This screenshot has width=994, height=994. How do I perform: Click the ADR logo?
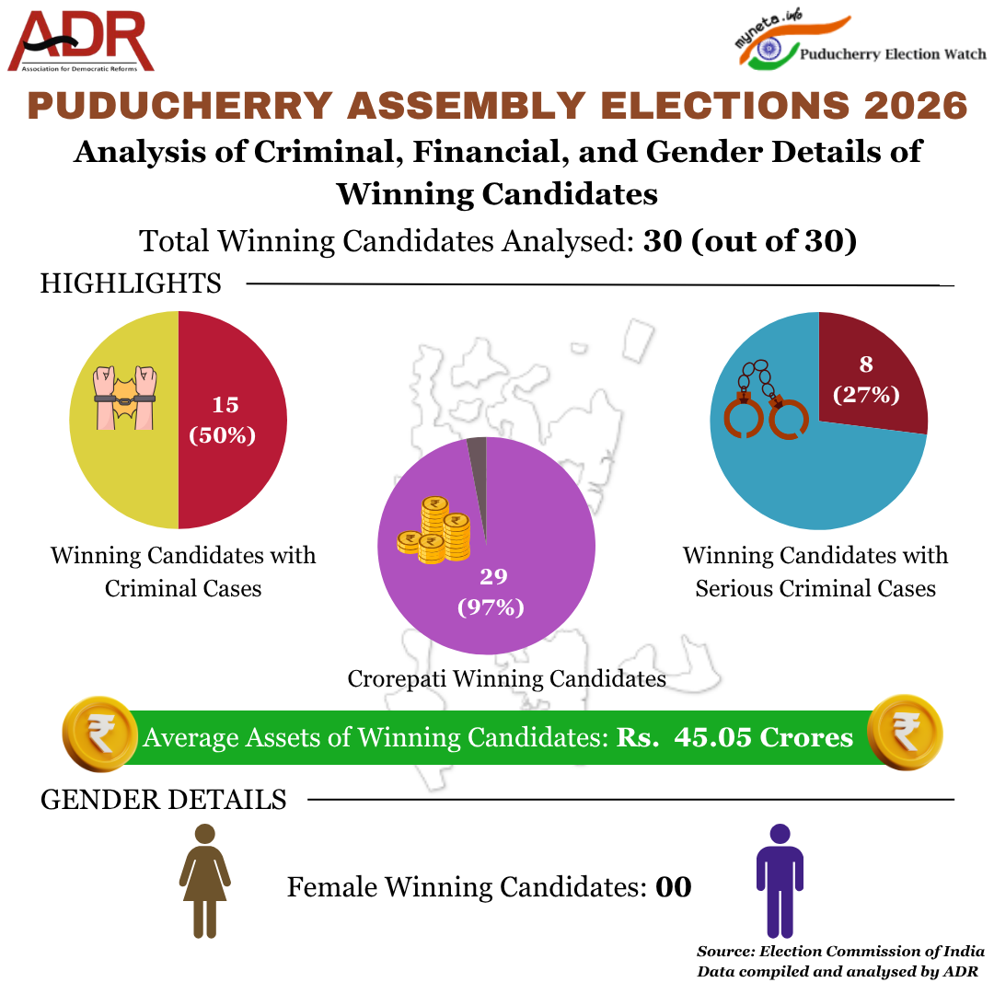click(80, 41)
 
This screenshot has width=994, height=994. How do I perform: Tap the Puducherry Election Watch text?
click(893, 54)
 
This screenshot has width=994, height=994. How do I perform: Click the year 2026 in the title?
click(916, 105)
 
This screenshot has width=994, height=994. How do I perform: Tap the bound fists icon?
click(125, 398)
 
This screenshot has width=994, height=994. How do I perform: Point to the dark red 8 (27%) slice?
click(870, 374)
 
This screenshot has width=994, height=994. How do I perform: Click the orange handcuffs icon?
click(766, 399)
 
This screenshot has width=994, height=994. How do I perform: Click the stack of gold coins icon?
click(434, 531)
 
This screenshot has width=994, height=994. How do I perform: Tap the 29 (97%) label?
click(491, 592)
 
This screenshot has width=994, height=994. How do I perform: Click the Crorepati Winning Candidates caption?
click(506, 679)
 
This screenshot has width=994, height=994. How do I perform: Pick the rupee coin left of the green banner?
click(100, 734)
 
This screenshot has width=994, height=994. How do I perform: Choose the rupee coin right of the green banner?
click(905, 733)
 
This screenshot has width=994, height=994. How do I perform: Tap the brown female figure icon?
click(204, 881)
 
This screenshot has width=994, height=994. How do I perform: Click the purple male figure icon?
click(780, 881)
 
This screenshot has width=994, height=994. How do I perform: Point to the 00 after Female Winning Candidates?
click(673, 887)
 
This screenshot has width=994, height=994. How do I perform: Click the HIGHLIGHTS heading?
click(131, 283)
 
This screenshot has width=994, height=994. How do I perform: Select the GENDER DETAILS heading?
click(164, 800)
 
